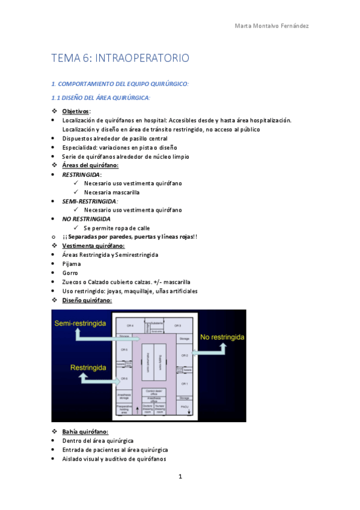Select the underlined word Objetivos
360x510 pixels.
(x=76, y=111)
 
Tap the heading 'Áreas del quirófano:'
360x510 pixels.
(x=90, y=165)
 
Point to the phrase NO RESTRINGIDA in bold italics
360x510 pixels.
(x=86, y=219)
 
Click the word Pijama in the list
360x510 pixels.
(x=72, y=263)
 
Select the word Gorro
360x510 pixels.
(x=70, y=272)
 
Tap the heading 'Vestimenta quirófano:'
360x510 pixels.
(x=93, y=246)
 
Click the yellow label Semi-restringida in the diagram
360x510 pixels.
(x=81, y=324)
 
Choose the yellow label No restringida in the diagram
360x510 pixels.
(x=222, y=337)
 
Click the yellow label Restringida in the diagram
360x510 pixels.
(x=90, y=367)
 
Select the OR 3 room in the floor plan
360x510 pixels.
(x=178, y=325)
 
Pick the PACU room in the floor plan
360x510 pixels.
(x=184, y=407)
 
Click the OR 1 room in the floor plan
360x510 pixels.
(x=185, y=384)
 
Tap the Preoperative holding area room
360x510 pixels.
(x=124, y=409)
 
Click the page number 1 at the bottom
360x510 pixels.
(x=180, y=477)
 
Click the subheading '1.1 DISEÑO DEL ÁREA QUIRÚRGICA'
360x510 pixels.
(x=100, y=97)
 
